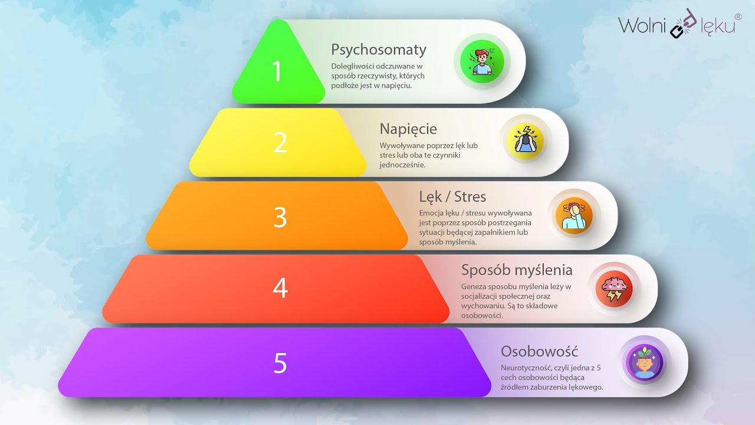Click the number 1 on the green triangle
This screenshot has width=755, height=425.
pos(277,71)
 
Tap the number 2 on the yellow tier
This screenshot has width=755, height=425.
pos(280,142)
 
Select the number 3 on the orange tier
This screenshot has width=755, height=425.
pos(280,217)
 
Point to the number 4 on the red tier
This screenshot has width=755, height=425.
pos(280,288)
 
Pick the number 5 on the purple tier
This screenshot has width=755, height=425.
pos(280,363)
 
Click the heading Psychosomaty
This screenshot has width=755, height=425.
pos(379,50)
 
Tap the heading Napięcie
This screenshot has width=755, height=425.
pos(408,129)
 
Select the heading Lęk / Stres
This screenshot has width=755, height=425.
pos(452,197)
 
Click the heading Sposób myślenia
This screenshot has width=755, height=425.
pos(517,270)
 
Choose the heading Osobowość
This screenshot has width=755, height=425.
pos(539,351)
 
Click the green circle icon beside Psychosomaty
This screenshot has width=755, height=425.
pos(482,62)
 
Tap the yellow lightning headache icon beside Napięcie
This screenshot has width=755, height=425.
pos(526,141)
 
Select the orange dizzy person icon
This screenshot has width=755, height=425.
pos(574,216)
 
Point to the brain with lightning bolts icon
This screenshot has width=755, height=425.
pos(613,289)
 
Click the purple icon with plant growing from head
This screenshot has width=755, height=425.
pos(644,362)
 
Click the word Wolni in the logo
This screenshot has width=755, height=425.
pos(642,25)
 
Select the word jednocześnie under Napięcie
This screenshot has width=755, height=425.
pos(402,165)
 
